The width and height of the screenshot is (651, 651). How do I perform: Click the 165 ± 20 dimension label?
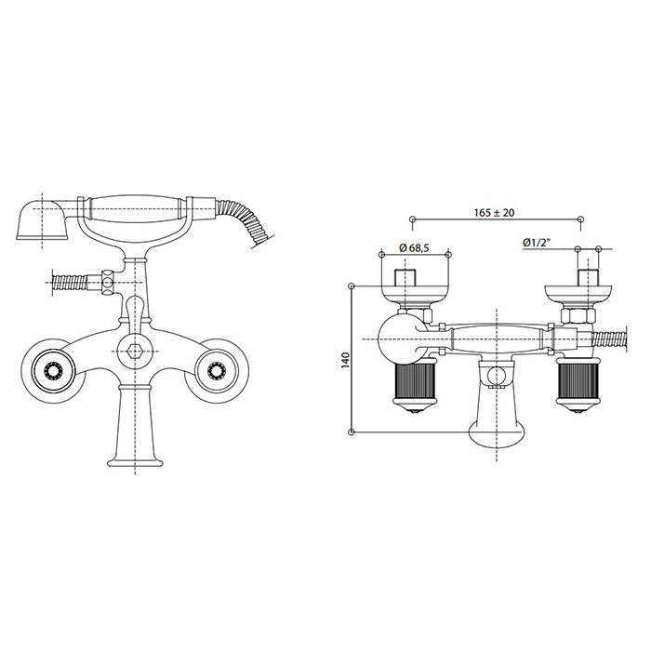point(494,213)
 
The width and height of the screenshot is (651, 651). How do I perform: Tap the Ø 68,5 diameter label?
point(414,248)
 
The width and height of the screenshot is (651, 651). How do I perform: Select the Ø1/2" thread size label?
point(537,242)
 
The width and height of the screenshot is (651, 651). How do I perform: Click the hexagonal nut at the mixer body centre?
point(134,352)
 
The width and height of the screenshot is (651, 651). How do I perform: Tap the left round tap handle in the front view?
point(54,369)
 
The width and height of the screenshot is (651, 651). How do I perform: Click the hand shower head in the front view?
point(42,219)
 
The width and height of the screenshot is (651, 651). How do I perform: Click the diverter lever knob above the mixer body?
point(134,309)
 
